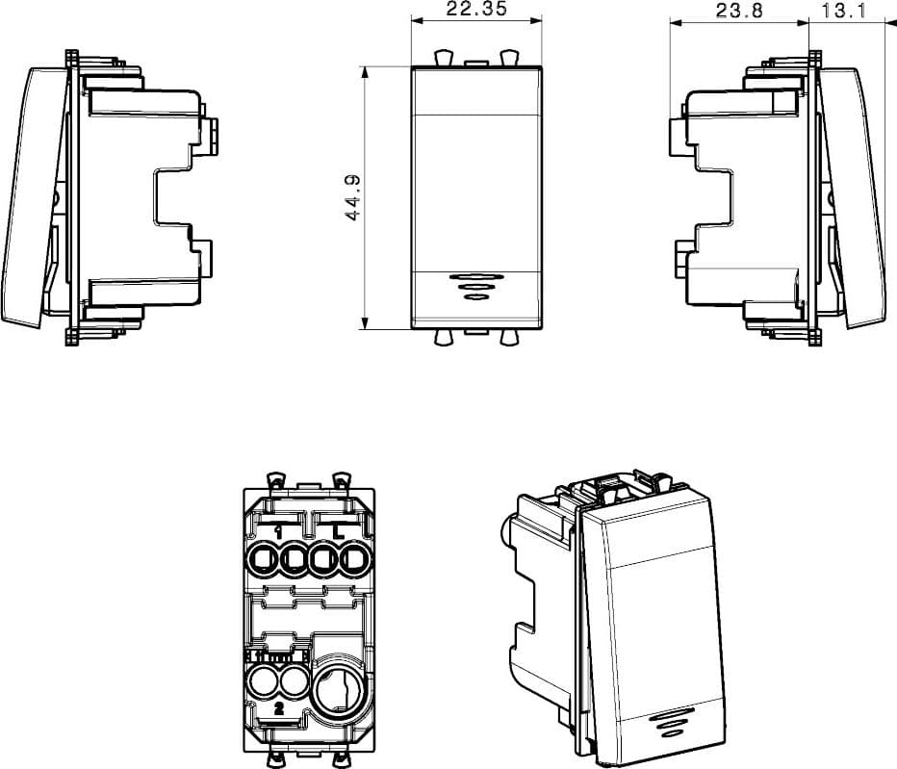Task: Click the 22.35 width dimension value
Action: (476, 10)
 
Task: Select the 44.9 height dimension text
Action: (353, 197)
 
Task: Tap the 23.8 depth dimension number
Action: (739, 11)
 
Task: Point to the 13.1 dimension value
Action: (844, 11)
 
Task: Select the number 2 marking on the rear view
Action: (278, 708)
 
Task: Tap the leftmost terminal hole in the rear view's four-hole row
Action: (264, 559)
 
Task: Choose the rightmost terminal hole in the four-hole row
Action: (355, 559)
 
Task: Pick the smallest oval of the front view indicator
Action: (474, 296)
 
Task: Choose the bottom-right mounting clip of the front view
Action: (508, 338)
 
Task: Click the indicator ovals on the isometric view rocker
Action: (669, 723)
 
